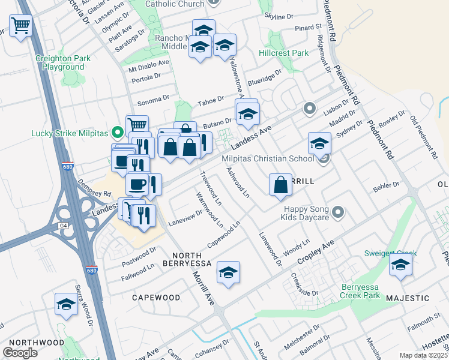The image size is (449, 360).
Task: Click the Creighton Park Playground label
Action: pyautogui.click(x=63, y=62)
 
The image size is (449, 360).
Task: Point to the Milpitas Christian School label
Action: pyautogui.click(x=268, y=158)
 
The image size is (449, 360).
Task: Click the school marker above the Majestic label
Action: pyautogui.click(x=400, y=265)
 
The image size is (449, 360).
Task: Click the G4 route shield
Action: pyautogui.click(x=63, y=226)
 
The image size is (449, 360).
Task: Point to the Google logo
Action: pyautogui.click(x=20, y=353)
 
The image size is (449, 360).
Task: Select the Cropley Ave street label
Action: pyautogui.click(x=315, y=254)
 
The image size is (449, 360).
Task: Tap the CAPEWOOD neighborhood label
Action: pyautogui.click(x=156, y=297)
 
